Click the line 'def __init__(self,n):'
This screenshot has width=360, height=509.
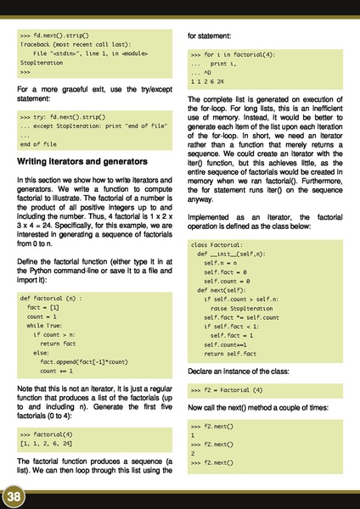pyautogui.click(x=231, y=254)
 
